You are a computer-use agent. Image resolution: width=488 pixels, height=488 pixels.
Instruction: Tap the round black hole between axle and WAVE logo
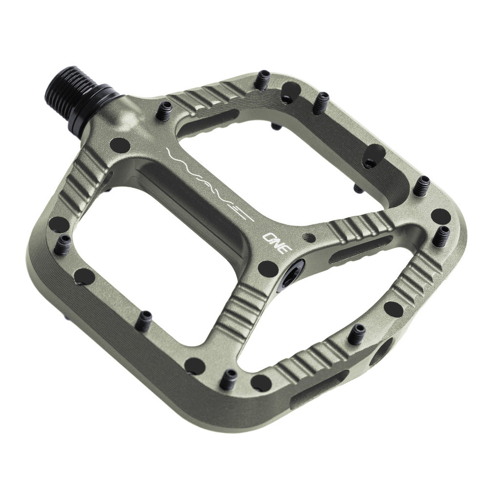[x=119, y=144]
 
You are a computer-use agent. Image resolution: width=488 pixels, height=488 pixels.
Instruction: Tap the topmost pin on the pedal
[x=262, y=79]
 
